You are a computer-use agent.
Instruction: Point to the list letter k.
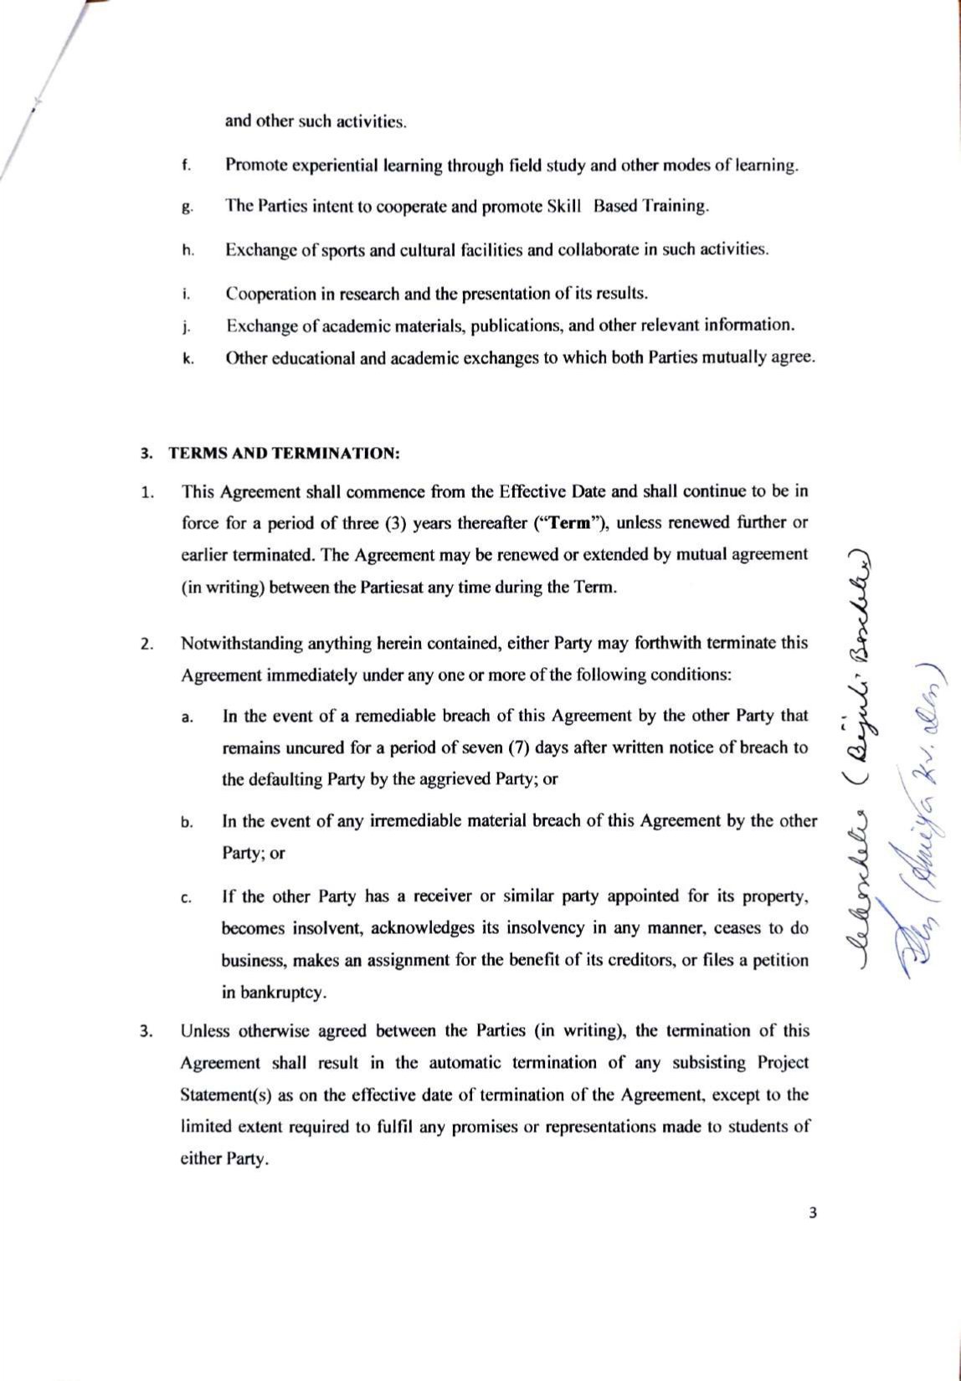point(188,359)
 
